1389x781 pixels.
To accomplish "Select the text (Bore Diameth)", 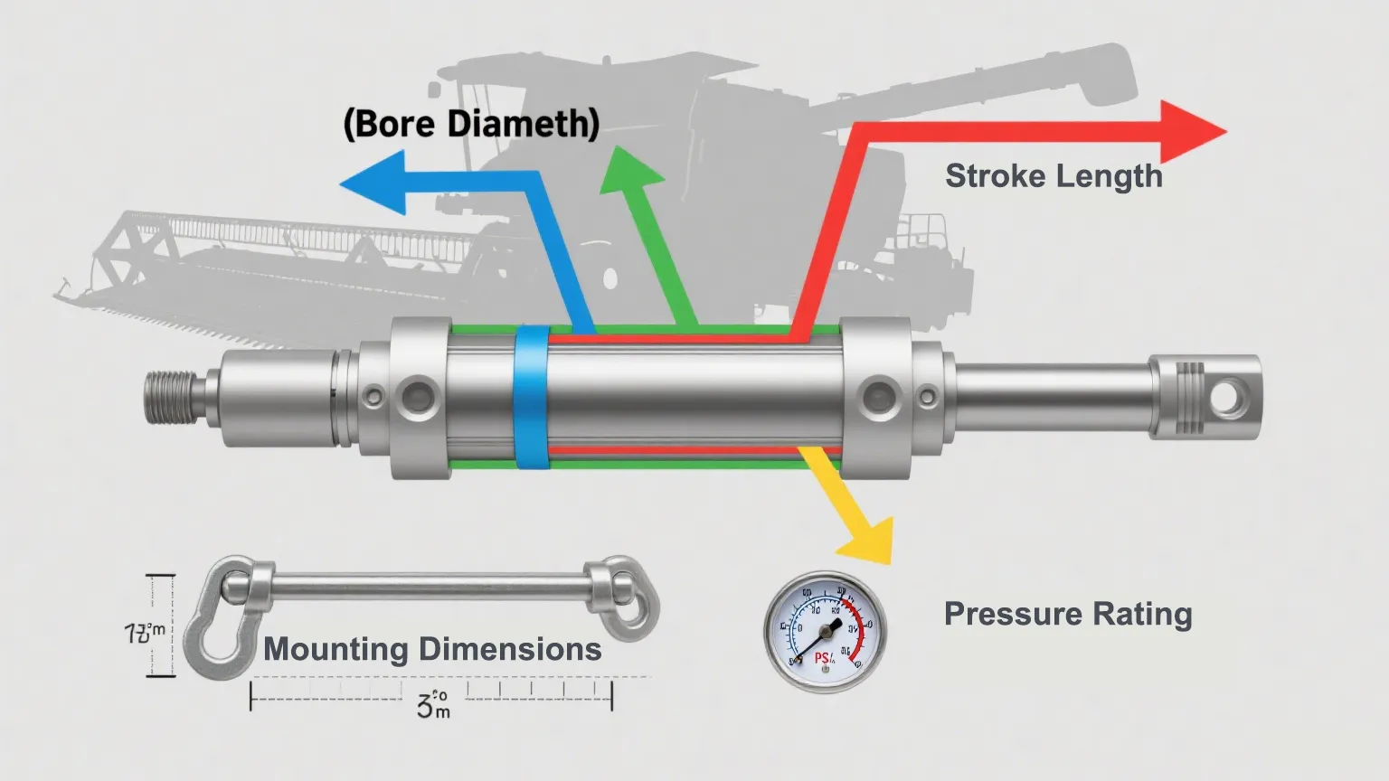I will (x=471, y=123).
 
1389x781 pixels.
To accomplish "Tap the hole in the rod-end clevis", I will (x=1228, y=395).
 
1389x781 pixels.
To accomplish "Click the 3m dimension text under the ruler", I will (x=433, y=704).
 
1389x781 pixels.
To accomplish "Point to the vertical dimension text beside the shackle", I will (x=144, y=633).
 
